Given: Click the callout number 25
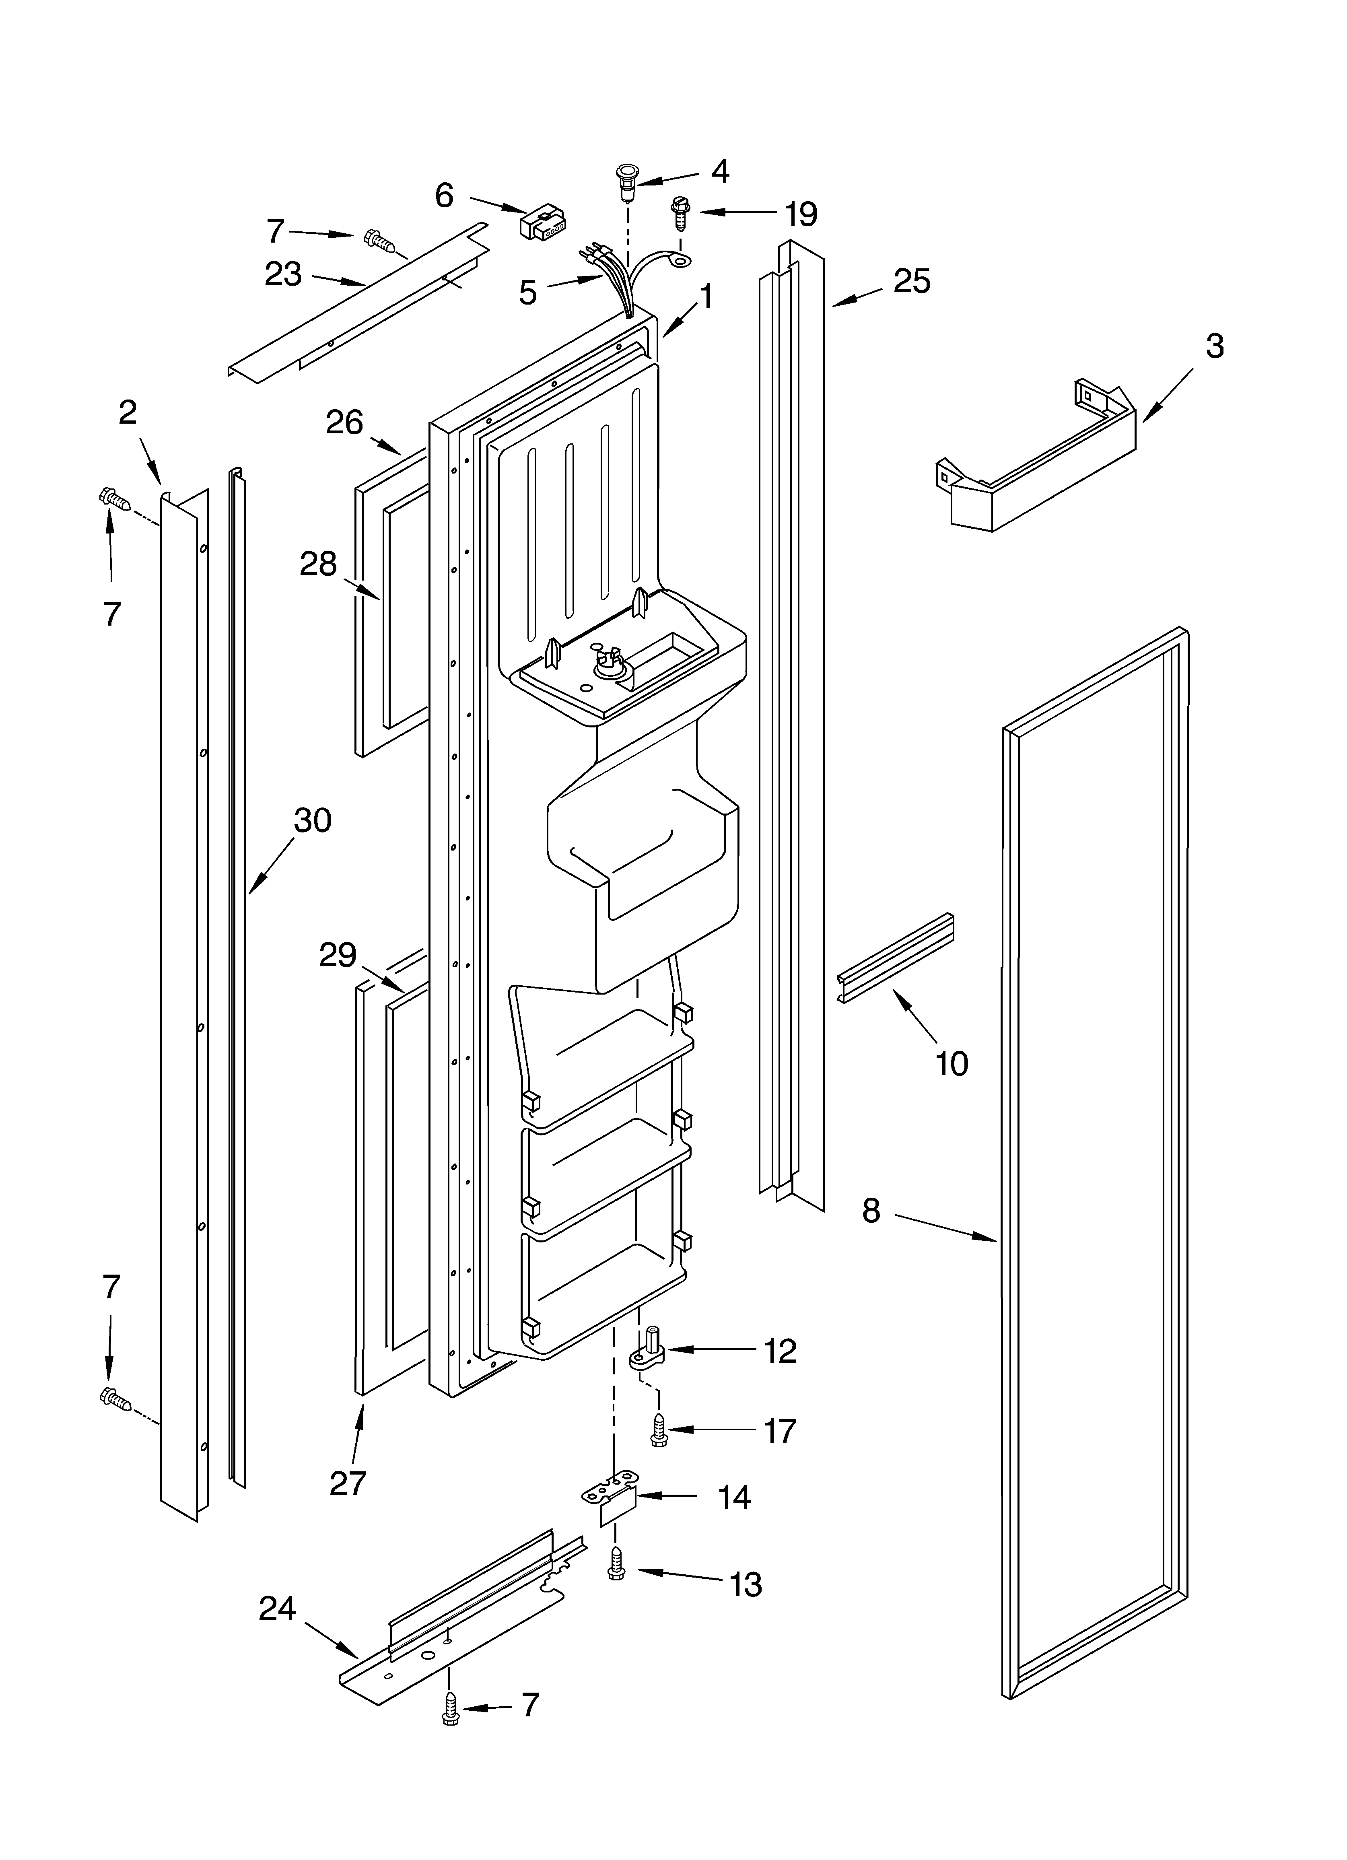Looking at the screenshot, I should pyautogui.click(x=911, y=281).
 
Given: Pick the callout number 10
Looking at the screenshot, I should pyautogui.click(x=952, y=1064).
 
